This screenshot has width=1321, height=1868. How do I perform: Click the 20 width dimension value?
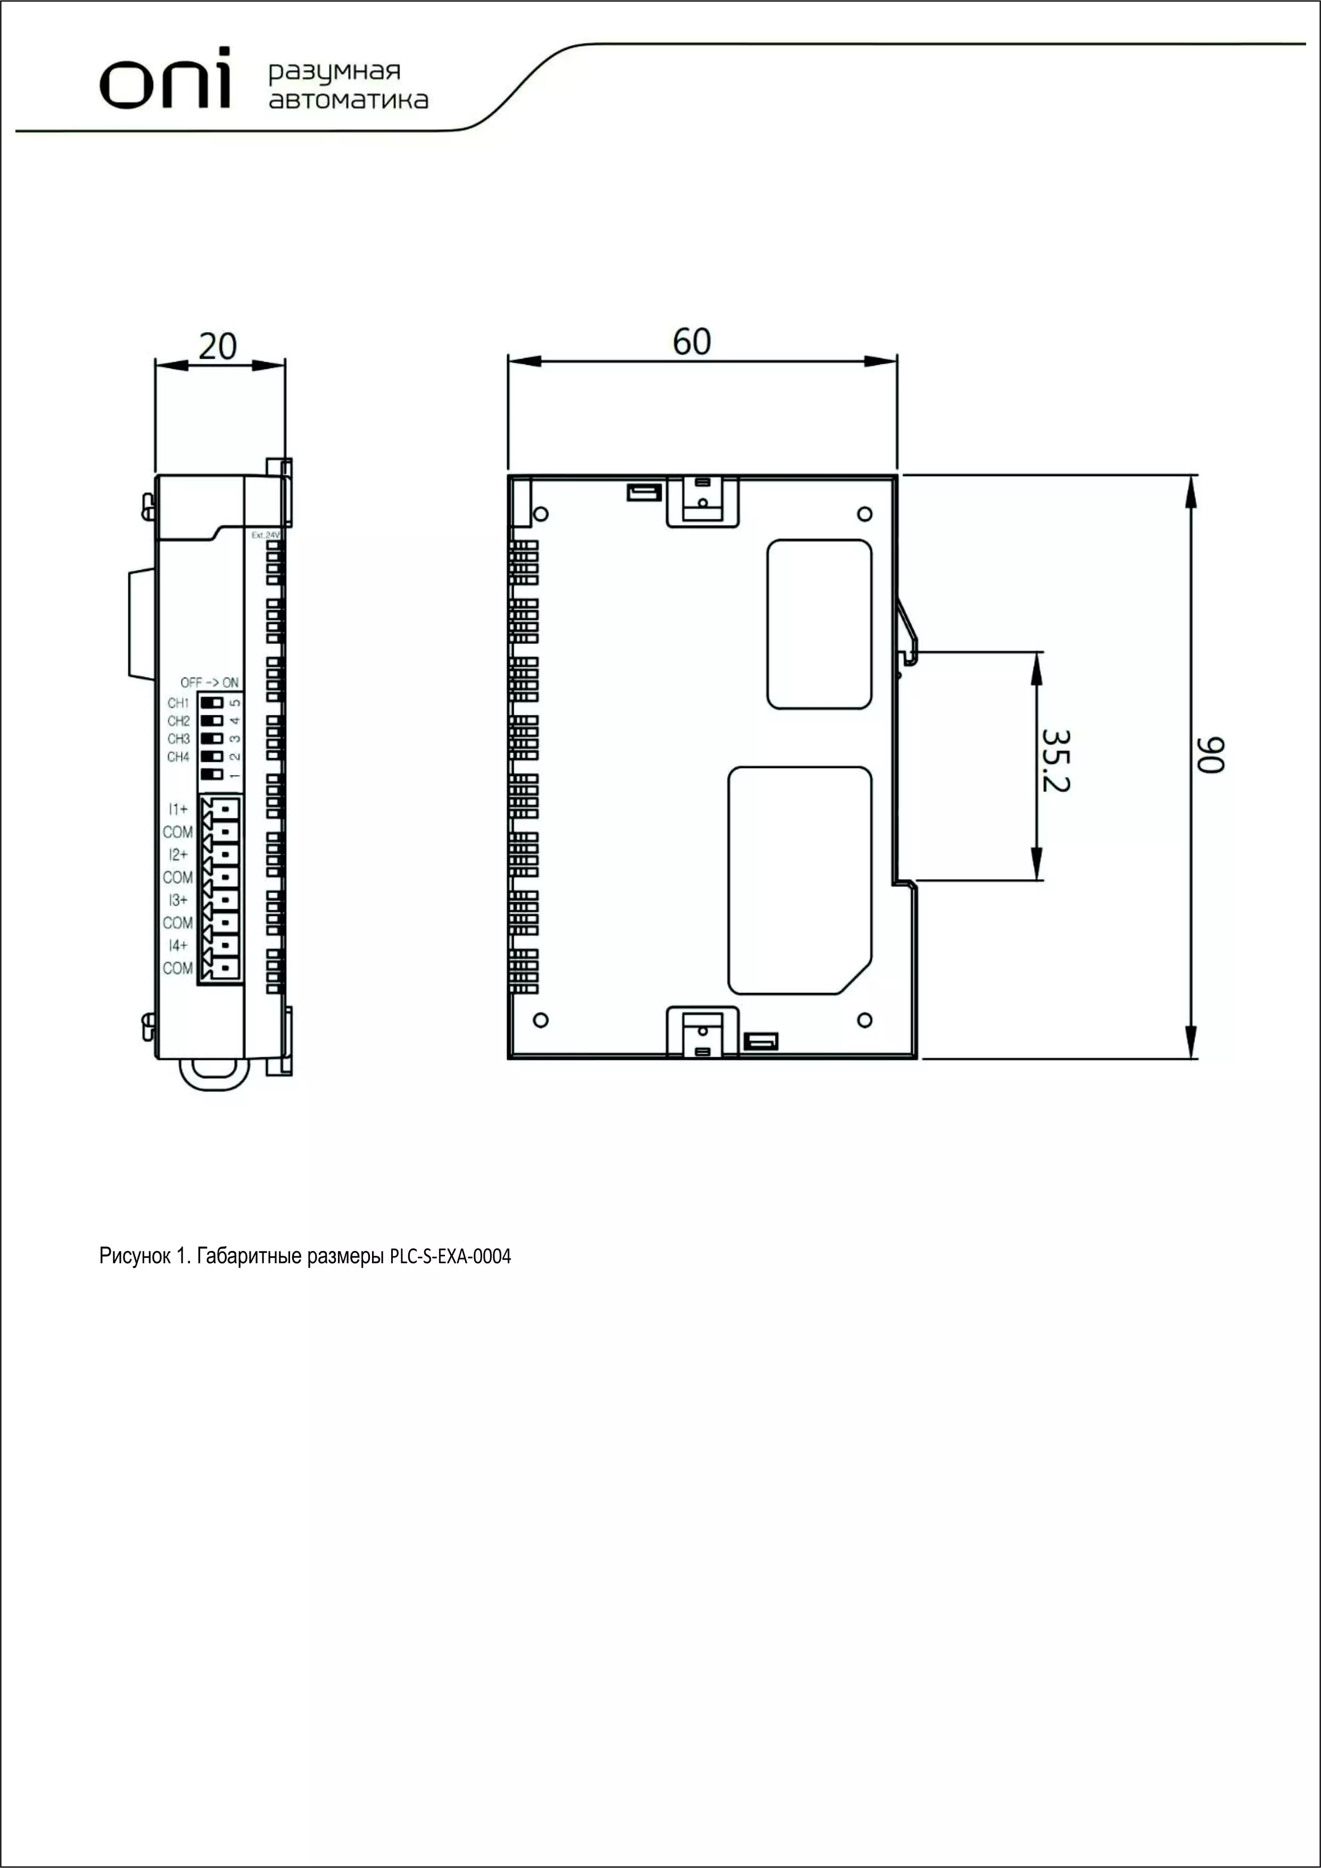tap(218, 347)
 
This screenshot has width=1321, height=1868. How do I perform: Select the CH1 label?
tap(178, 703)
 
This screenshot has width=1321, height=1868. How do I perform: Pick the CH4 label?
tap(178, 757)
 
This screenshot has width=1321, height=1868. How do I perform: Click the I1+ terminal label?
tap(178, 810)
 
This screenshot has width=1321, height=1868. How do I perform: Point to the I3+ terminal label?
tap(178, 900)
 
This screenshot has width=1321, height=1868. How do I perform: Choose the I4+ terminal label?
tap(178, 945)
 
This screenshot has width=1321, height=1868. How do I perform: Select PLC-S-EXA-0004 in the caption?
tap(451, 1256)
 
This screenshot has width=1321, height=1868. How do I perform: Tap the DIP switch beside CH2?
tap(212, 721)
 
